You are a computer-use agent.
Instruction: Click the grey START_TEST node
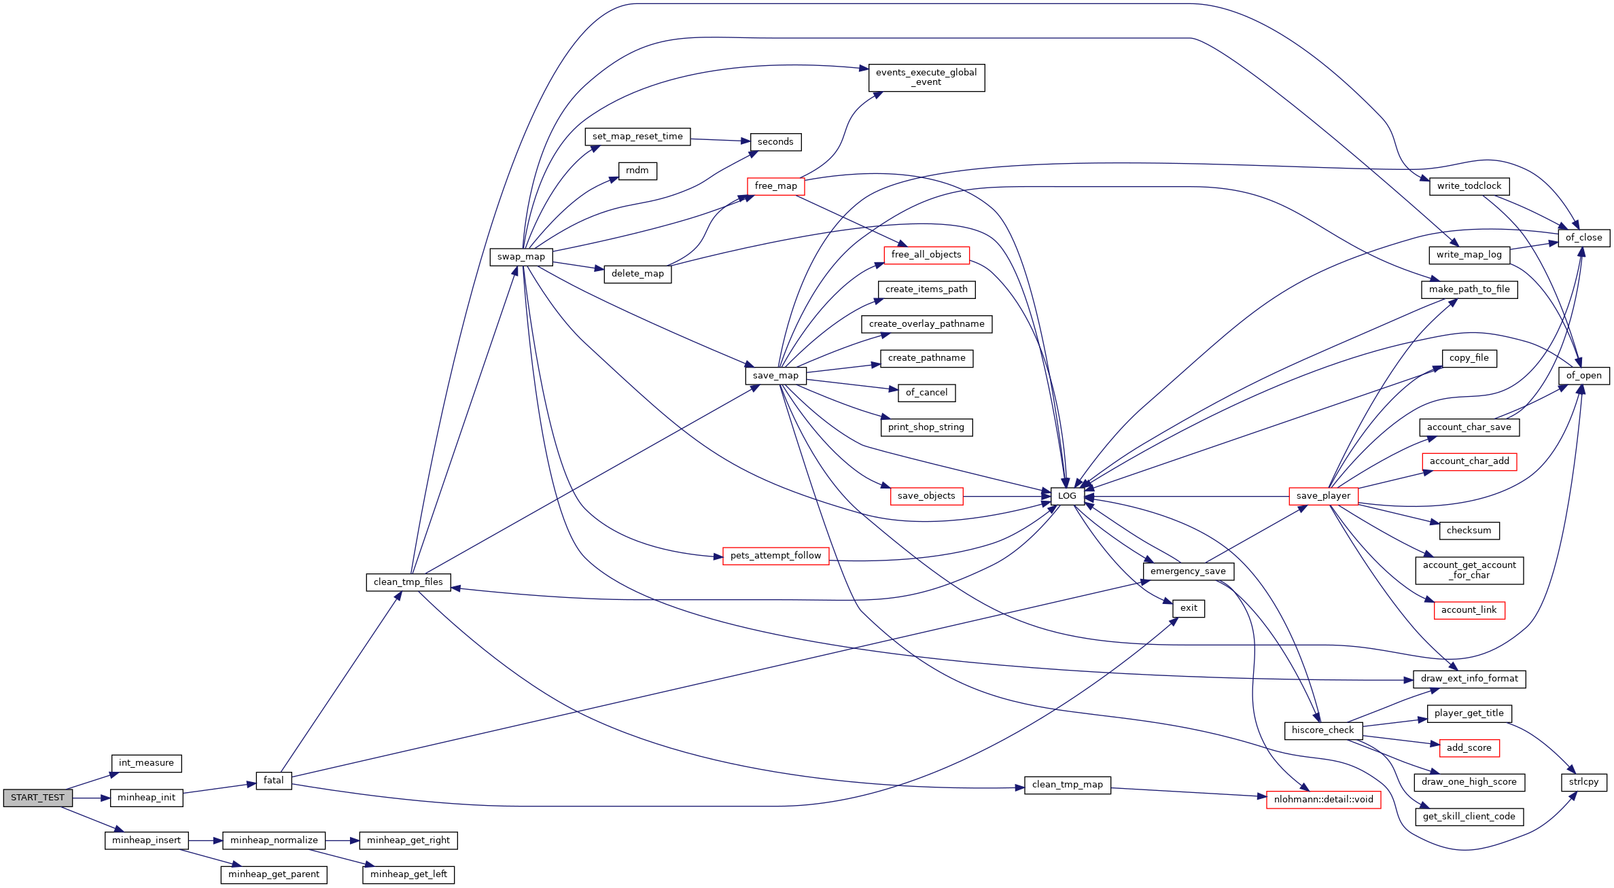click(37, 798)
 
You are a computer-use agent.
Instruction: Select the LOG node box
click(1067, 496)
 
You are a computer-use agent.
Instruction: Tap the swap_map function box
click(521, 257)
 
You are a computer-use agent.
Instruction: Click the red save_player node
click(1323, 496)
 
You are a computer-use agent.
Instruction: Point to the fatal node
click(274, 781)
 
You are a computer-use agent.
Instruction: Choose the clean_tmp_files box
click(408, 582)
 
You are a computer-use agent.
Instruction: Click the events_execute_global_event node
click(926, 77)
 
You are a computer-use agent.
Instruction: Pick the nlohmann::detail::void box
click(1323, 800)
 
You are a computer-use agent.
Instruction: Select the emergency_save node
click(1188, 571)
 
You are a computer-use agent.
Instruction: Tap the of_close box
click(1583, 238)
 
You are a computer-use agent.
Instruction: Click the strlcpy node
click(1583, 782)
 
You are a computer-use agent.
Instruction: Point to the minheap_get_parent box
click(274, 874)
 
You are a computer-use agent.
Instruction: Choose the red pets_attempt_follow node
click(775, 556)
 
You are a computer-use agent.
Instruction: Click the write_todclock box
click(1469, 186)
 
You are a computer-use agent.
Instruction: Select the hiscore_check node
click(1322, 730)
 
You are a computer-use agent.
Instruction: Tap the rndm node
click(637, 171)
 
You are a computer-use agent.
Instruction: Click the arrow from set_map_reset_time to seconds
click(720, 140)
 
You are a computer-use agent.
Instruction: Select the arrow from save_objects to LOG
click(1006, 497)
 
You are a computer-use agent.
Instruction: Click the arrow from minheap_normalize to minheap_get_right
click(343, 841)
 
